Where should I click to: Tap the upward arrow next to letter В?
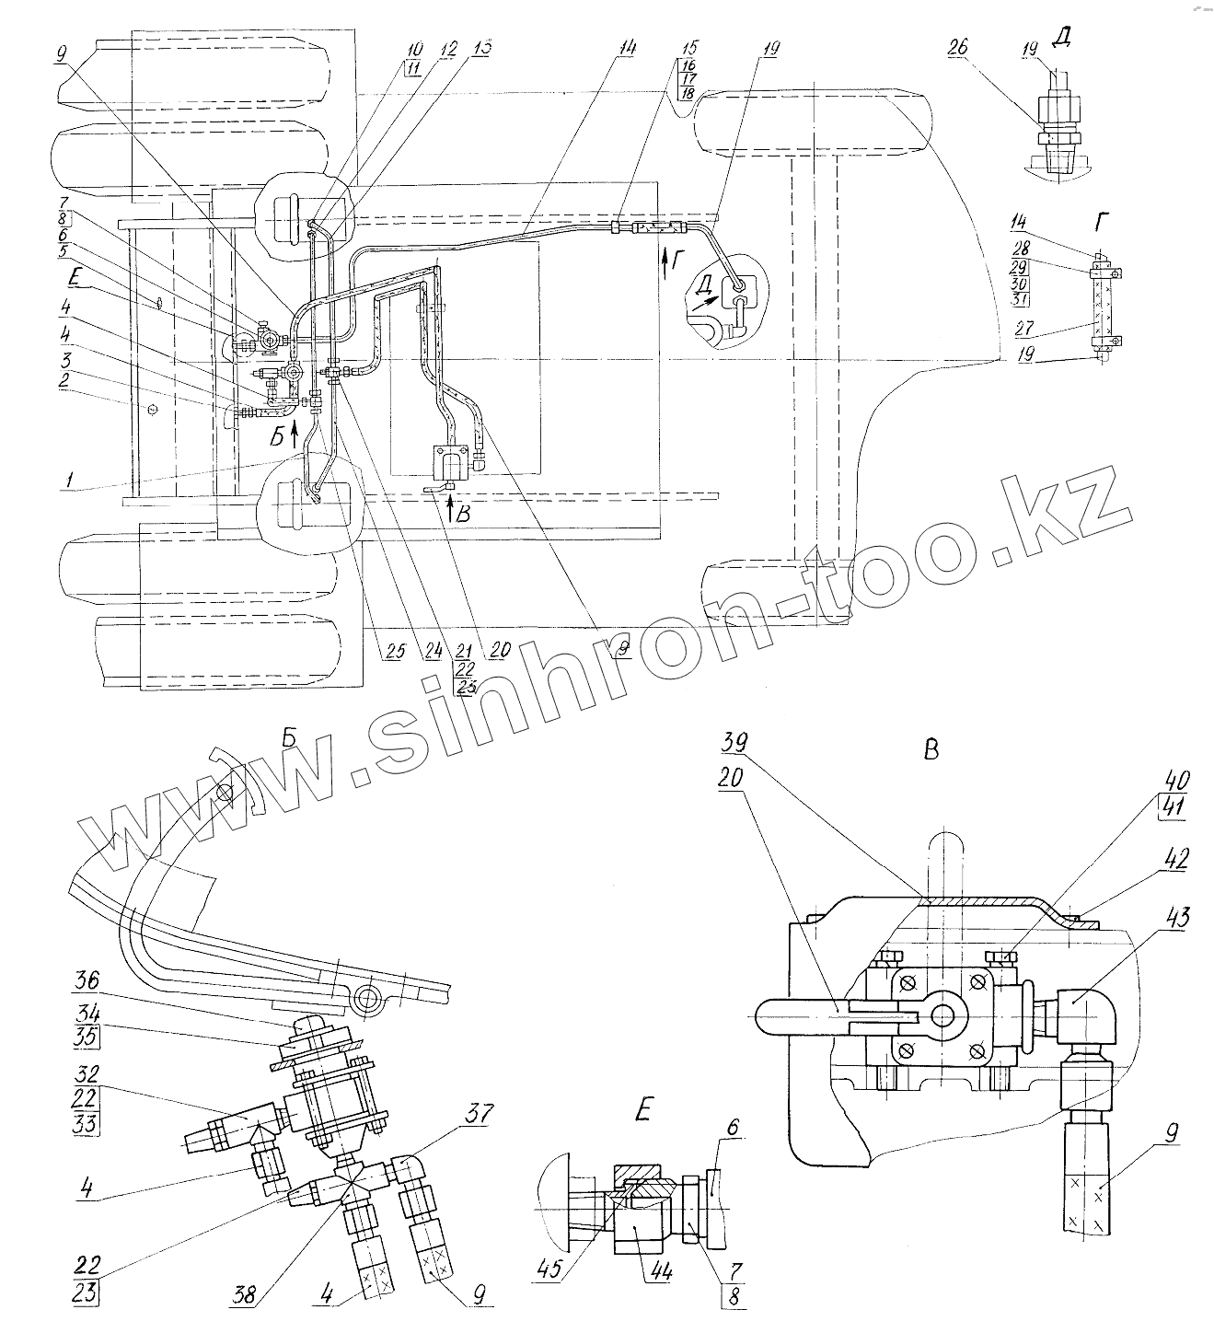click(x=450, y=509)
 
